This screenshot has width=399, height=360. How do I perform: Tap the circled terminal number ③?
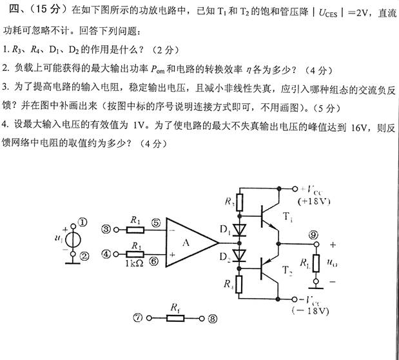106,228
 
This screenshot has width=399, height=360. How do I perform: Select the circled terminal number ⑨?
313,234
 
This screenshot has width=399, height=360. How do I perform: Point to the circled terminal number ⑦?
137,317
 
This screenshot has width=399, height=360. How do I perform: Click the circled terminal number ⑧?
213,317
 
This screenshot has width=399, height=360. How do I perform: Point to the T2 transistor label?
289,270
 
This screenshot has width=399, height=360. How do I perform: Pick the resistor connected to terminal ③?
135,229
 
